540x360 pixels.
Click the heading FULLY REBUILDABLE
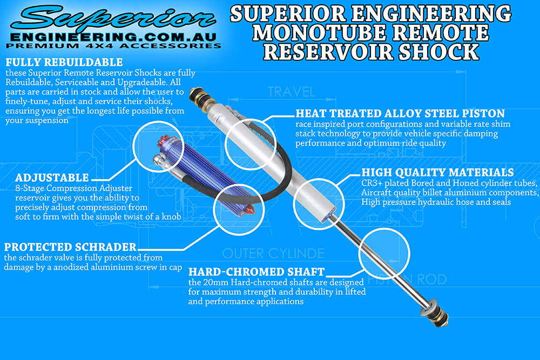click(x=64, y=63)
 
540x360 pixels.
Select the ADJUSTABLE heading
click(x=52, y=178)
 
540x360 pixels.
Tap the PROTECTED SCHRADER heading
click(x=70, y=247)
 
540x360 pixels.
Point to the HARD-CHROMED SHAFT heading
click(x=256, y=271)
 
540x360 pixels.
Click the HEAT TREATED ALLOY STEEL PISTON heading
click(x=400, y=114)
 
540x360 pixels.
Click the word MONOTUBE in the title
click(x=321, y=32)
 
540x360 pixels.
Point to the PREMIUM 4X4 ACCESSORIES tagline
click(x=114, y=46)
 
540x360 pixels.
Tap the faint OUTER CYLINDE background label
click(x=273, y=253)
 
